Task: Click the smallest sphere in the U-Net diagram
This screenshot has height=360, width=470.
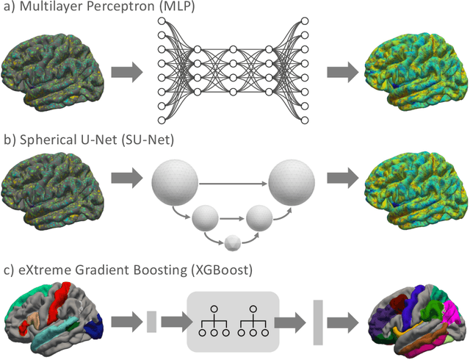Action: click(233, 242)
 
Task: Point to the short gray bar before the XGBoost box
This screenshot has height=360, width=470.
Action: click(151, 322)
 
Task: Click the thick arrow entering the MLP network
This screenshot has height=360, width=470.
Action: click(126, 72)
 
